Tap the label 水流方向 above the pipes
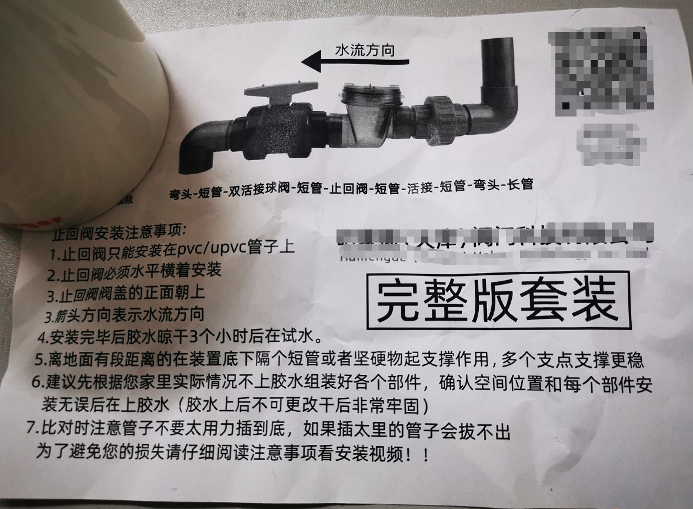[x=364, y=51]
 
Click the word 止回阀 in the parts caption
[x=349, y=188]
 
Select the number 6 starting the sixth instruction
[x=37, y=382]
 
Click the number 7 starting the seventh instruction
[x=31, y=428]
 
